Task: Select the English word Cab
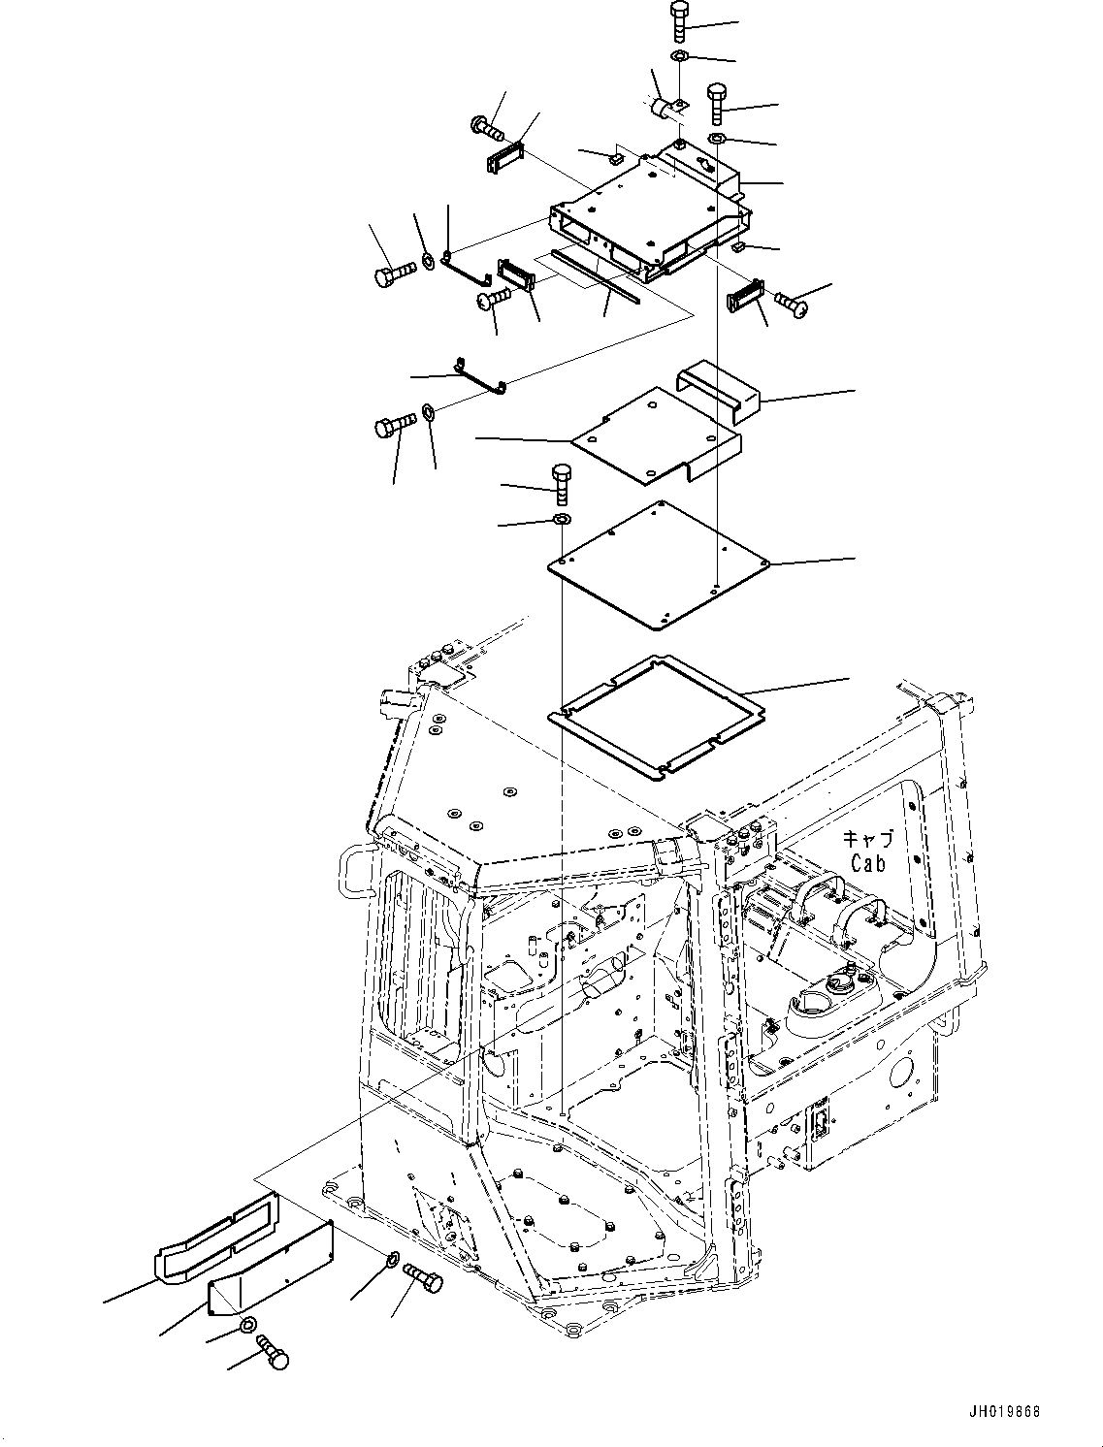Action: (868, 862)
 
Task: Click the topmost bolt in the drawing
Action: (679, 20)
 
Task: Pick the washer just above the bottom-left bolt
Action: (248, 1326)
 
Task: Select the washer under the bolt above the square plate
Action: (562, 522)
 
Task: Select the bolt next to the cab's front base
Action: (422, 1277)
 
